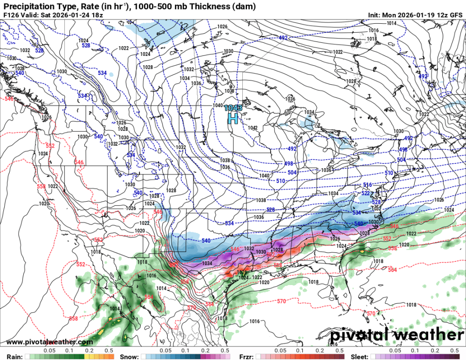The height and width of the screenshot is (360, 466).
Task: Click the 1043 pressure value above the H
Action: coord(233,108)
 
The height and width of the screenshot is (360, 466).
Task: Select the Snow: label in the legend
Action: coord(129,356)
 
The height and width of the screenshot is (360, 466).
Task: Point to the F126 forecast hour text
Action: coord(11,15)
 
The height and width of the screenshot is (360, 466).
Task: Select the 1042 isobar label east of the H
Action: coord(253,128)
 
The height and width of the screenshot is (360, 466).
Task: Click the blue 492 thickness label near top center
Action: coord(283,38)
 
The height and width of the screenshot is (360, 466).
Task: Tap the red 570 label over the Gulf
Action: coord(281,302)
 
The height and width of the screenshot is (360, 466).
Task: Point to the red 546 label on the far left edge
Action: coord(9,99)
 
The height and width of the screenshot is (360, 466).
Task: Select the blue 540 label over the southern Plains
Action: coord(206,241)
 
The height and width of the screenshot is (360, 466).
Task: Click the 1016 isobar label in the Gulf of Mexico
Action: coord(254,321)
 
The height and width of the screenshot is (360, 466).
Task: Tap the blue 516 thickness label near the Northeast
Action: coord(368,185)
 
